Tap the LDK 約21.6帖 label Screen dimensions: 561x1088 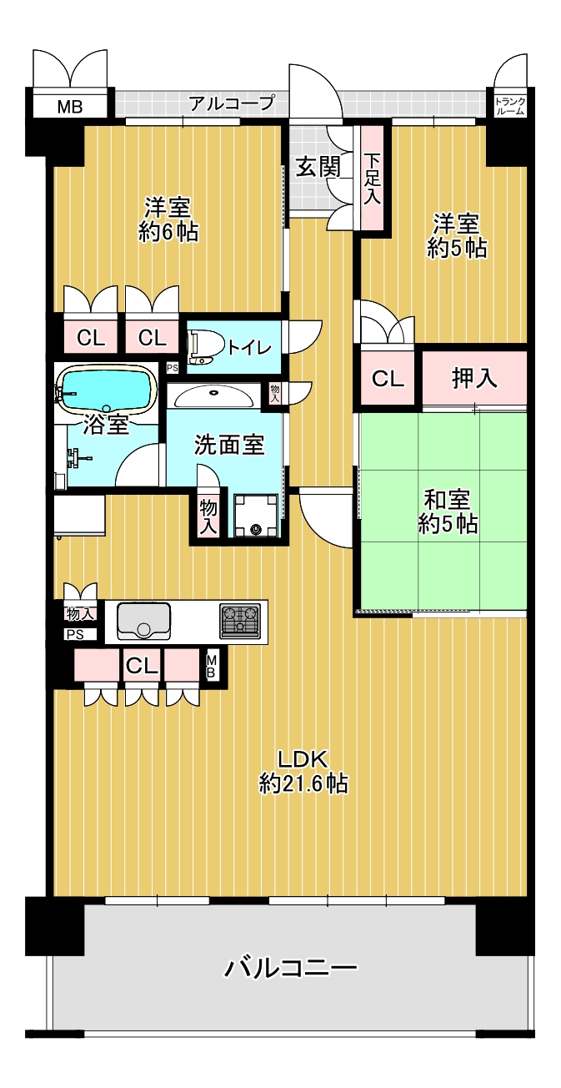[x=303, y=771]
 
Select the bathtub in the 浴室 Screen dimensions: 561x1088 [x=107, y=388]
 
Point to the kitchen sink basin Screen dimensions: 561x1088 [x=143, y=622]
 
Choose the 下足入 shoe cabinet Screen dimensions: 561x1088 [x=372, y=178]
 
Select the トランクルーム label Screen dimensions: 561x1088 [x=509, y=106]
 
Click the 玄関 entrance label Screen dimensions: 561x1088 [x=318, y=167]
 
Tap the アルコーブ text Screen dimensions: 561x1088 [x=232, y=103]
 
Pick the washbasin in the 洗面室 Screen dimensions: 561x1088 [x=213, y=397]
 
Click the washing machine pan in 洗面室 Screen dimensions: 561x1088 [x=256, y=516]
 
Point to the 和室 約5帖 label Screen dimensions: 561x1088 [x=448, y=512]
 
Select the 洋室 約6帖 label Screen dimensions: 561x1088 [x=168, y=220]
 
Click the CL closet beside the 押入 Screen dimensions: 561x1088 [x=388, y=377]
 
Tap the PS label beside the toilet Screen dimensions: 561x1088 [x=173, y=368]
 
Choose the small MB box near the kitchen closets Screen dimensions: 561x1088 [x=211, y=666]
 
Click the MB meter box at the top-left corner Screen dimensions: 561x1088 [x=70, y=106]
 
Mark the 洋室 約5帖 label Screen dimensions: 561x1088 [x=456, y=236]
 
